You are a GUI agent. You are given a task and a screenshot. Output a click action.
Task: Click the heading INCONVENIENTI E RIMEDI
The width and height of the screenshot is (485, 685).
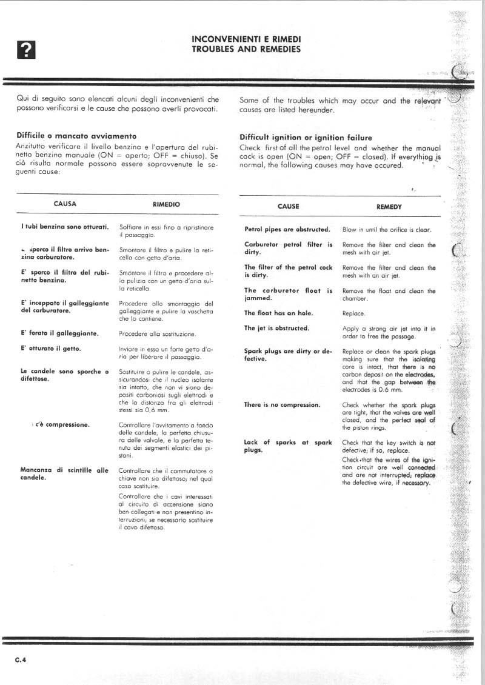246,39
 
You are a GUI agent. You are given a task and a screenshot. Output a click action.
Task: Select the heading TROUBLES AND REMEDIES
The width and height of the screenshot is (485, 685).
246,48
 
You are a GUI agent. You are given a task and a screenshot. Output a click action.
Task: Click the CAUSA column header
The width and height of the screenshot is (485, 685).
65,204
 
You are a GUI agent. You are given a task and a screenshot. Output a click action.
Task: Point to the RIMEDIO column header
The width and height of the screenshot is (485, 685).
166,204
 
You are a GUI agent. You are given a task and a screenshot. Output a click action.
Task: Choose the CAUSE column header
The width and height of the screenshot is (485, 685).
288,206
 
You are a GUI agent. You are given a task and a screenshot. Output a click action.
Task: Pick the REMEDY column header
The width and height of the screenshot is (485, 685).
389,206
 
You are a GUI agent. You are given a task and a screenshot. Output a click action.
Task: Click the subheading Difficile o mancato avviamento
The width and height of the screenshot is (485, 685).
76,136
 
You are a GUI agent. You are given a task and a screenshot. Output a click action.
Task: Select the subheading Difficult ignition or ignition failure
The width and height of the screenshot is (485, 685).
306,138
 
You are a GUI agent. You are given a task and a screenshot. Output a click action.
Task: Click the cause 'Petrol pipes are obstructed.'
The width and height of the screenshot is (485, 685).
287,230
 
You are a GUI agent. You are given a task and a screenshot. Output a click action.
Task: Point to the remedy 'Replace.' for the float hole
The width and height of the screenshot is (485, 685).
353,314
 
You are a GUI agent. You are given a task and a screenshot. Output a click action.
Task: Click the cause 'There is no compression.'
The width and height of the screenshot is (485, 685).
282,405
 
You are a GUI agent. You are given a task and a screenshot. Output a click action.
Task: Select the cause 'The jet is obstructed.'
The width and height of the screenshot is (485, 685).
276,329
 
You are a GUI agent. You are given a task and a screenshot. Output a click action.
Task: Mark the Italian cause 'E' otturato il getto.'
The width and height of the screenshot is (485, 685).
51,349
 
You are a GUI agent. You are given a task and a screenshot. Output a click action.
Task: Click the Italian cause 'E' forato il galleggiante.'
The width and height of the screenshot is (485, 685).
59,333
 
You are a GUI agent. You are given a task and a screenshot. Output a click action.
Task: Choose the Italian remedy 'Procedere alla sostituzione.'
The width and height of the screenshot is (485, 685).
157,334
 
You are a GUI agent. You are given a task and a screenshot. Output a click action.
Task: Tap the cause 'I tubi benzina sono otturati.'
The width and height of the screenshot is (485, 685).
64,227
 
